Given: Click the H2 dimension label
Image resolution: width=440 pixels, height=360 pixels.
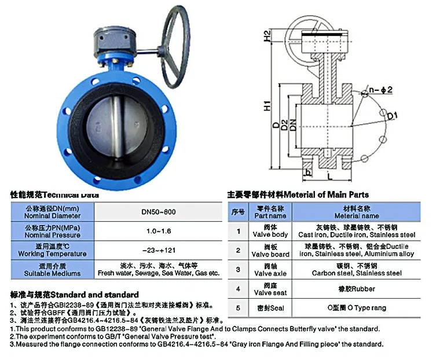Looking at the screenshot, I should pyautogui.click(x=268, y=36).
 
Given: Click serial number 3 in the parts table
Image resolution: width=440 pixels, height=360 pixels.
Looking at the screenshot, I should pyautogui.click(x=237, y=269).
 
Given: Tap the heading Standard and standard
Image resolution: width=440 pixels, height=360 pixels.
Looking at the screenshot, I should pyautogui.click(x=75, y=294).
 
